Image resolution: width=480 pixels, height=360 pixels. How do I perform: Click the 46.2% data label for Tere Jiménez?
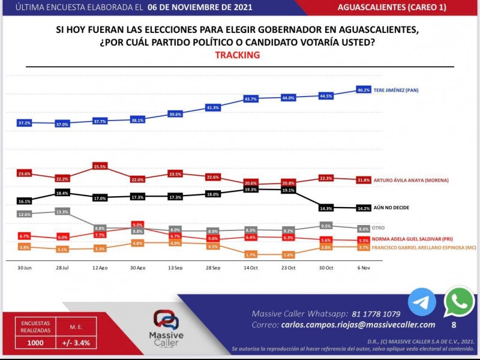(x=364, y=89)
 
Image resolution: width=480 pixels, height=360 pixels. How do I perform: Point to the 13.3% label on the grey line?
(x=62, y=211)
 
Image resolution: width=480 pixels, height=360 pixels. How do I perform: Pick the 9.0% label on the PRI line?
(x=137, y=224)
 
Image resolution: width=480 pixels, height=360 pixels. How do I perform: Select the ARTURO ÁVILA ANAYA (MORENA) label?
(x=410, y=180)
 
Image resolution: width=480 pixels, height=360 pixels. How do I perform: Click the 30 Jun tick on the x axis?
(x=24, y=267)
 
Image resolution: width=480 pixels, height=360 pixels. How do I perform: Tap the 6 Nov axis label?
(x=363, y=267)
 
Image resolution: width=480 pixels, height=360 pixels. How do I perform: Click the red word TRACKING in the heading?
(x=237, y=55)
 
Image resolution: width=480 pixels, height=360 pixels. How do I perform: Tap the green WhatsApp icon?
(x=459, y=302)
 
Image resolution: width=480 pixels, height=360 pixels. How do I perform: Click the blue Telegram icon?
(x=422, y=302)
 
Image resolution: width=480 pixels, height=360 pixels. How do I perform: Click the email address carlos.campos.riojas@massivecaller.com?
(x=358, y=325)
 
